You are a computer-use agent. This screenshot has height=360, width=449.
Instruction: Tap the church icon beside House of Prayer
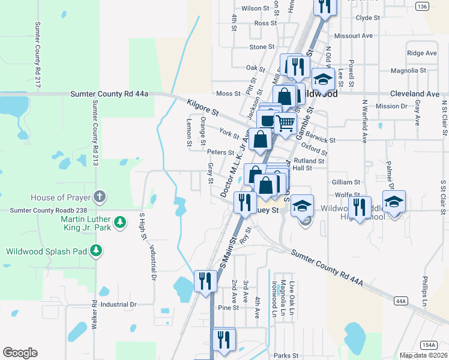(x=100, y=197)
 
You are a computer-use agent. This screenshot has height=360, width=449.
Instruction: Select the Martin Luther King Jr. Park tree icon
(x=120, y=223)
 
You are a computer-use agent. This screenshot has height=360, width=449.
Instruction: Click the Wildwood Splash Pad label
(x=47, y=251)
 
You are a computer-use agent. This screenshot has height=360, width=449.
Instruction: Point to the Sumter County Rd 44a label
(x=109, y=94)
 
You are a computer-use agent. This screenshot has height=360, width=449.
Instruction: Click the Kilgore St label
(x=202, y=107)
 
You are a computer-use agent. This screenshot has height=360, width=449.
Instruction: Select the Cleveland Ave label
(x=414, y=94)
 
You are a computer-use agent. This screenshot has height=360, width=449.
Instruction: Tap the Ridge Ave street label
(x=422, y=53)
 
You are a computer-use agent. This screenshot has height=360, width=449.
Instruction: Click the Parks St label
(x=286, y=355)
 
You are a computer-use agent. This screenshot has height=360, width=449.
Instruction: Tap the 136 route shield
(x=422, y=7)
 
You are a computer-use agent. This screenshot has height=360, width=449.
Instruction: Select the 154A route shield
(x=429, y=345)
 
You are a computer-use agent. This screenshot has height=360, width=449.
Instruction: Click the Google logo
(x=20, y=353)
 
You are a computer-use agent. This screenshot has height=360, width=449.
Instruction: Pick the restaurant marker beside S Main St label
(x=205, y=280)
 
